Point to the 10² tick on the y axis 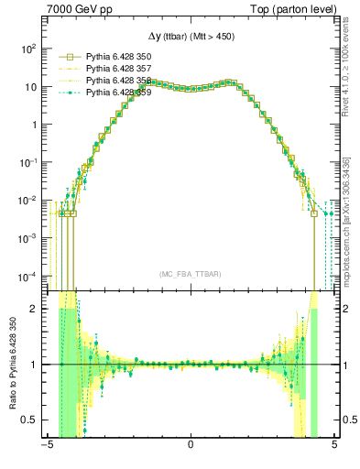[x=29, y=49]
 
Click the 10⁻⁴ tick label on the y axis [x=27, y=276]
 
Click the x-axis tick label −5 [x=46, y=447]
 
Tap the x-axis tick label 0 [x=191, y=447]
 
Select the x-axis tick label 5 [x=334, y=447]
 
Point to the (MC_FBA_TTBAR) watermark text [x=191, y=274]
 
